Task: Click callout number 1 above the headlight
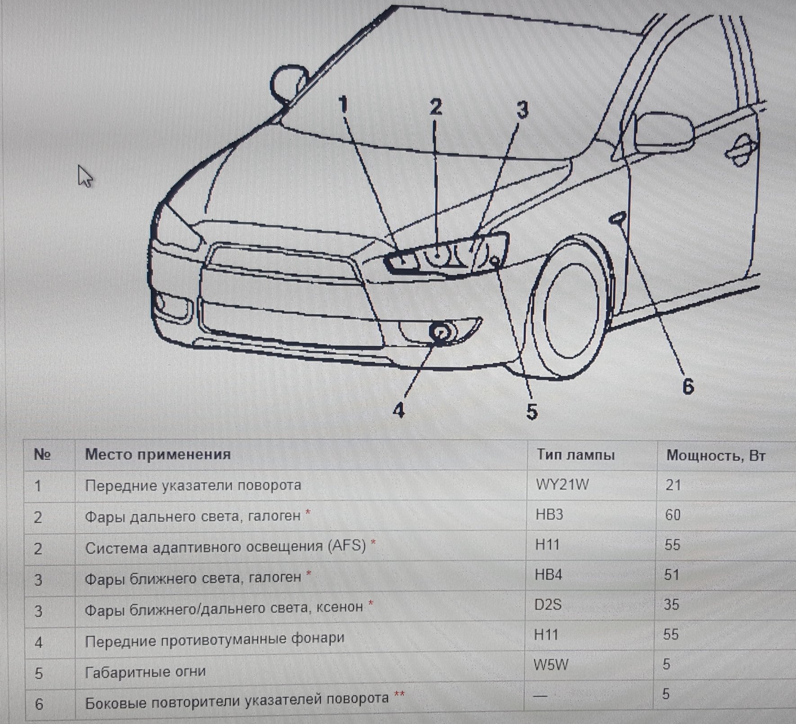click(343, 105)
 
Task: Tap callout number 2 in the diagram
click(436, 107)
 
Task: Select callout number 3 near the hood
click(522, 110)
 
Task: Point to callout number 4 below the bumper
click(399, 410)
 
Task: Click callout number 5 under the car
click(531, 411)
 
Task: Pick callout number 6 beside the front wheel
click(688, 386)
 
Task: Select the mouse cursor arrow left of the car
click(85, 176)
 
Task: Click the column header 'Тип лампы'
click(576, 455)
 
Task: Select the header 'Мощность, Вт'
click(716, 456)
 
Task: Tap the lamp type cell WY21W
click(562, 484)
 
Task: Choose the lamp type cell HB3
click(549, 514)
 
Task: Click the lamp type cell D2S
click(548, 604)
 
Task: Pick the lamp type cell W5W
click(551, 664)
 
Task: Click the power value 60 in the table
click(673, 515)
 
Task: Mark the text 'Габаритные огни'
click(145, 672)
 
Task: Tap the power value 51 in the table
click(671, 575)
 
